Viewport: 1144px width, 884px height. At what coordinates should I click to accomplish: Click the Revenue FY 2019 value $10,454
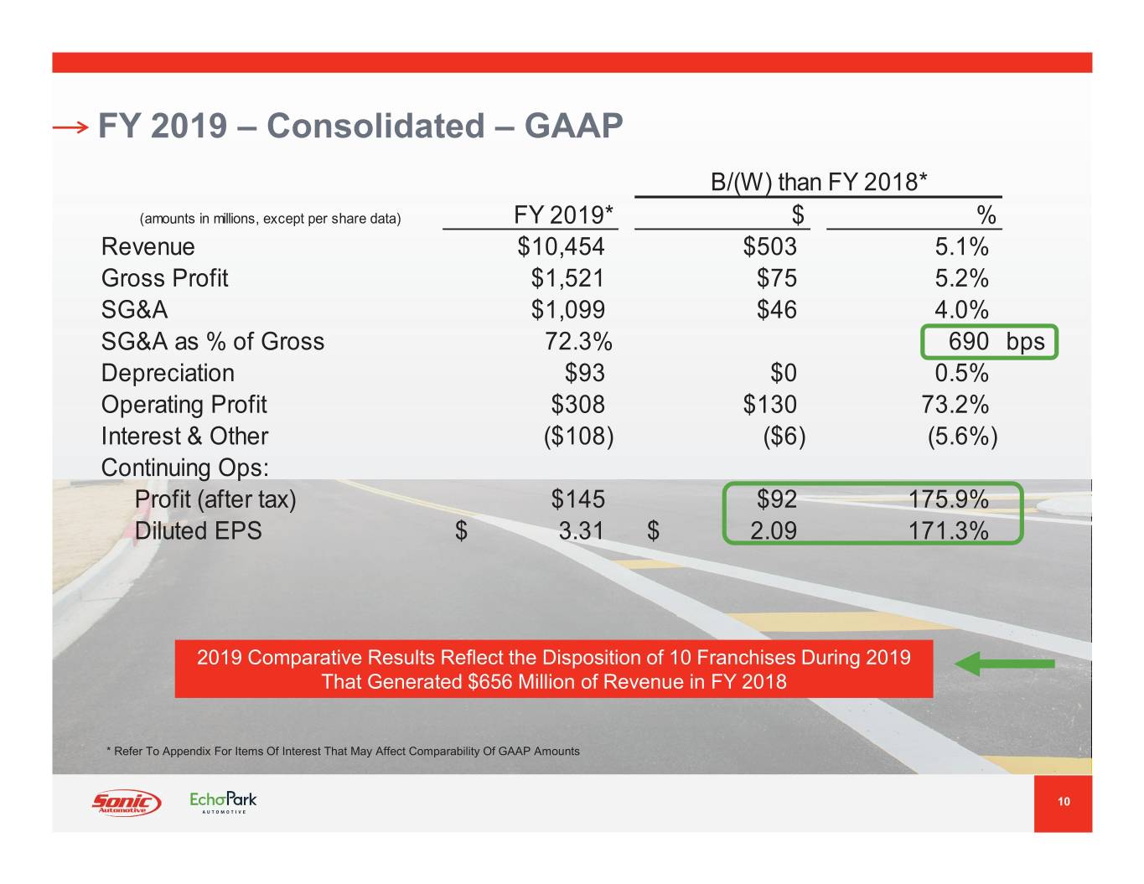pyautogui.click(x=561, y=247)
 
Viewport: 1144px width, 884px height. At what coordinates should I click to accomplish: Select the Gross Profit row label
pyautogui.click(x=164, y=278)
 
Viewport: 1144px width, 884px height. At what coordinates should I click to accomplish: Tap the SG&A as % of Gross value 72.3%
pyautogui.click(x=578, y=342)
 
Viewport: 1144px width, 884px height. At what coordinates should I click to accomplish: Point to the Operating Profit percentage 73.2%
pyautogui.click(x=955, y=405)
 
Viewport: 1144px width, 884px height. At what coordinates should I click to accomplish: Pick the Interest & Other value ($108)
pyautogui.click(x=578, y=437)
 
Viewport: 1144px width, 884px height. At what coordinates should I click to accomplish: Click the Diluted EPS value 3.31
pyautogui.click(x=581, y=531)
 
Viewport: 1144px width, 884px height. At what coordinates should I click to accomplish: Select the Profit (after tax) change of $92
pyautogui.click(x=776, y=499)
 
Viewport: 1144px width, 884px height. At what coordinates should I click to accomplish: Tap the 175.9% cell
pyautogui.click(x=948, y=499)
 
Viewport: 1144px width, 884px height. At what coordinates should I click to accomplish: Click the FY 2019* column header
pyautogui.click(x=563, y=215)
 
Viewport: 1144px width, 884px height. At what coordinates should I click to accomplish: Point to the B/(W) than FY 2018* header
pyautogui.click(x=818, y=182)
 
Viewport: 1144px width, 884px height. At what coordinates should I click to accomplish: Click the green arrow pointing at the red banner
pyautogui.click(x=1004, y=664)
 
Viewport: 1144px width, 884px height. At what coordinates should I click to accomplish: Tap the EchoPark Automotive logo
pyautogui.click(x=223, y=802)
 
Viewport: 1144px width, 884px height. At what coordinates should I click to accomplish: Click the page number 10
pyautogui.click(x=1063, y=802)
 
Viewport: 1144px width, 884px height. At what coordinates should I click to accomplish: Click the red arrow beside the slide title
pyautogui.click(x=70, y=127)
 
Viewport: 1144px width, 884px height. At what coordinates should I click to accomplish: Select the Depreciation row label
pyautogui.click(x=168, y=373)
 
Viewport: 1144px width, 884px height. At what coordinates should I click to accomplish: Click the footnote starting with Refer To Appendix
pyautogui.click(x=344, y=751)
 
